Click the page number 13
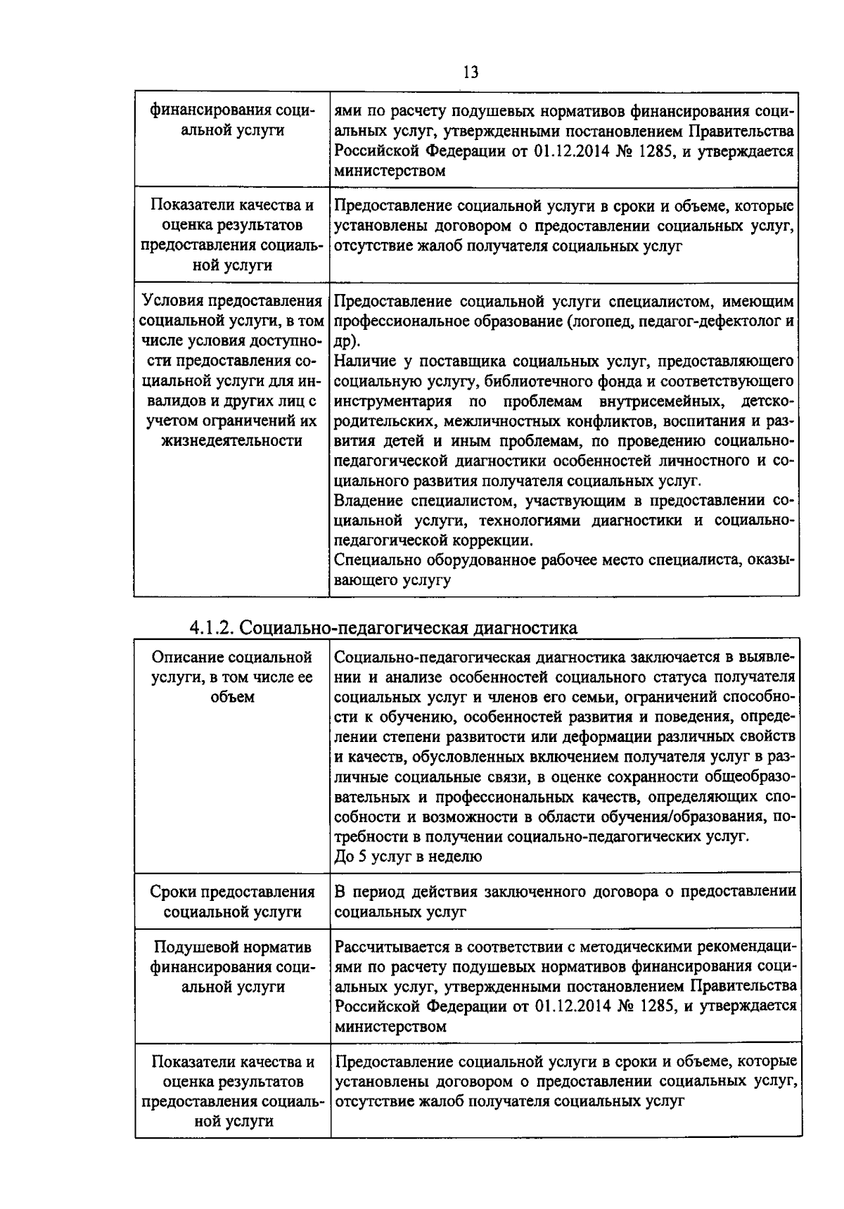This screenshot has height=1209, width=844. pyautogui.click(x=471, y=73)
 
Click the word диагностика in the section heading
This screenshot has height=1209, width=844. pyautogui.click(x=525, y=627)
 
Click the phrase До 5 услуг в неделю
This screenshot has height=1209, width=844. pyautogui.click(x=408, y=857)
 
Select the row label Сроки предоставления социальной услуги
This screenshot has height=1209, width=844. pyautogui.click(x=232, y=902)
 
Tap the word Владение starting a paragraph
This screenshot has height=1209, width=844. pyautogui.click(x=369, y=501)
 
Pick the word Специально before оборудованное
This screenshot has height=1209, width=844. pyautogui.click(x=378, y=561)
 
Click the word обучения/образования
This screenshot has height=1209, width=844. pyautogui.click(x=685, y=817)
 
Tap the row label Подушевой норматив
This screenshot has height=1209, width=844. pyautogui.click(x=232, y=947)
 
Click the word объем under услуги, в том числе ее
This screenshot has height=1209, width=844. pyautogui.click(x=232, y=697)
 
